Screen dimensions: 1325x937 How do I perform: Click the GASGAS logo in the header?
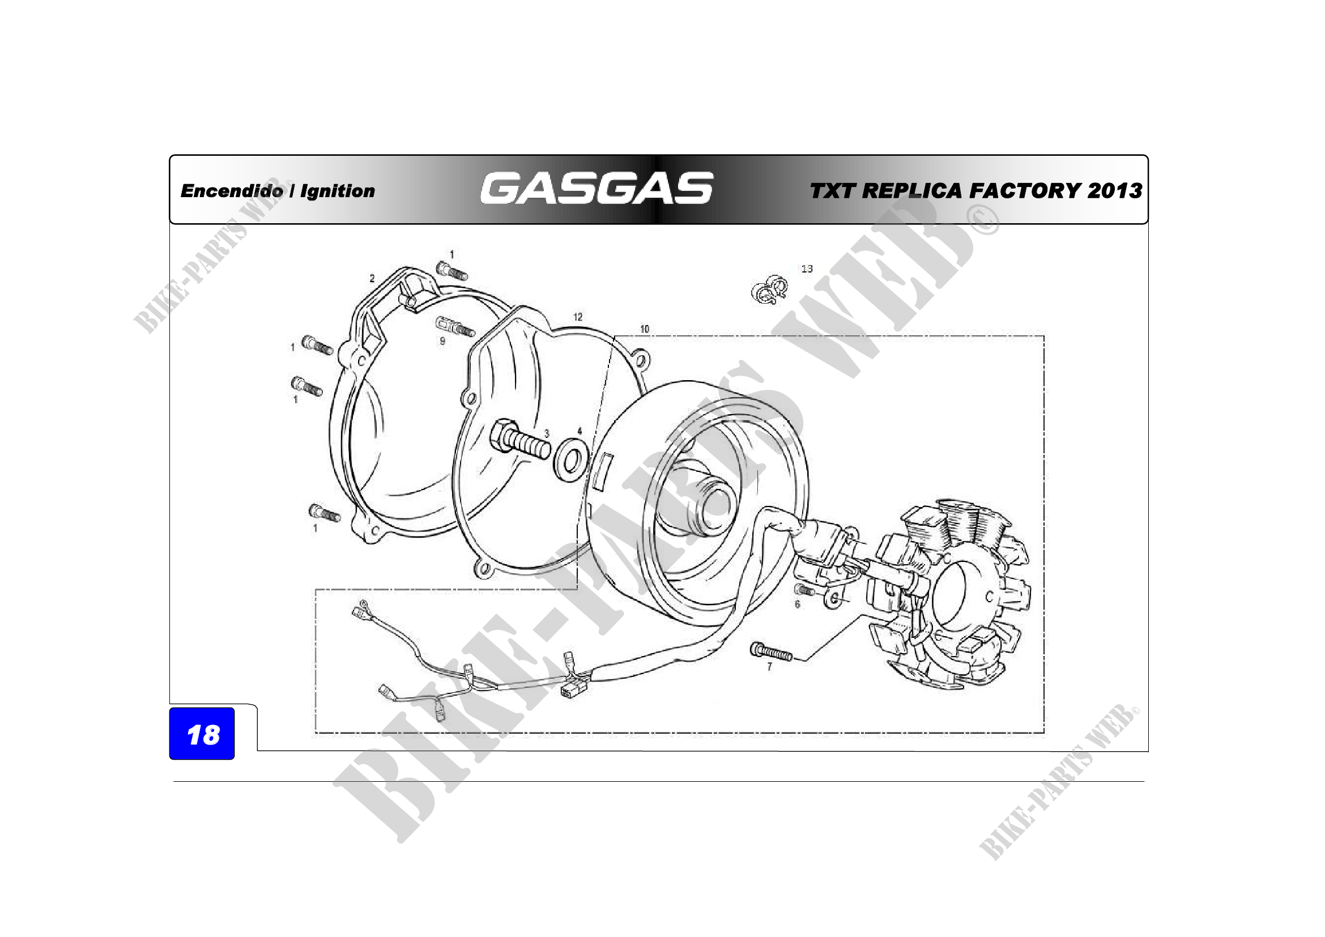click(597, 188)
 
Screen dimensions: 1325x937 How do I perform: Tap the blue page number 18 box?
click(202, 733)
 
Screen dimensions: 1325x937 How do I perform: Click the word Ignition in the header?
click(338, 191)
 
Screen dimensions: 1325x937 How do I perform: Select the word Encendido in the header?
click(232, 190)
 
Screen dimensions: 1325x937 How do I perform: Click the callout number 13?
click(807, 269)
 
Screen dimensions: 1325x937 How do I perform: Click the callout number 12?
click(578, 317)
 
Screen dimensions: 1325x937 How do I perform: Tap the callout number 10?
click(645, 329)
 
